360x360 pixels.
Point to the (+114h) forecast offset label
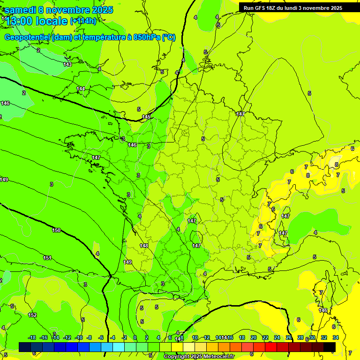(x=83, y=21)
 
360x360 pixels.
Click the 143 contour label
(x=67, y=64)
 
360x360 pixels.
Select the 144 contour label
(x=81, y=89)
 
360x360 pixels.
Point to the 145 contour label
(x=147, y=117)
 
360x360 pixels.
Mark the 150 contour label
(x=56, y=230)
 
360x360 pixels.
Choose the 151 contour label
(x=47, y=258)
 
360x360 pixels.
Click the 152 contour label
(x=32, y=315)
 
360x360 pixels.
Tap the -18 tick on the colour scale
(x=32, y=337)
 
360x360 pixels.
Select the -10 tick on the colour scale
(x=79, y=337)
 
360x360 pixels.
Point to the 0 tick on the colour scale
(x=135, y=337)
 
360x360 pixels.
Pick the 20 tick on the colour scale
(x=254, y=337)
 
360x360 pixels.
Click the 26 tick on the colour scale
(x=289, y=337)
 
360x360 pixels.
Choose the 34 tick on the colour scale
(x=336, y=337)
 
